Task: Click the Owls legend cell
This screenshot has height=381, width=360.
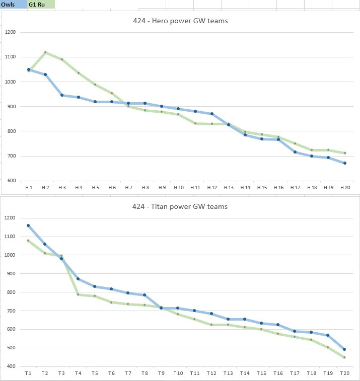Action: [x=14, y=5]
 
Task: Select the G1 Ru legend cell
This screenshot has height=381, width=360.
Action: [x=41, y=5]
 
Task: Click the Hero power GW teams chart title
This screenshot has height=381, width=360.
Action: [x=180, y=21]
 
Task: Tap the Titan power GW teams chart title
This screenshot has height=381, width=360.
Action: [x=180, y=206]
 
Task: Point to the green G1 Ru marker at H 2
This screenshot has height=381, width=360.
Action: [x=45, y=52]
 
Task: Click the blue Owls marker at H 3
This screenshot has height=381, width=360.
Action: [x=62, y=95]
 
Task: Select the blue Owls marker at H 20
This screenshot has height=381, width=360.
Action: [x=345, y=163]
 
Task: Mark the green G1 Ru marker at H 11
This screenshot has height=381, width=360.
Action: [x=195, y=123]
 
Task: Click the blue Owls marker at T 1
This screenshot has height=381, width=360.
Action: [x=28, y=225]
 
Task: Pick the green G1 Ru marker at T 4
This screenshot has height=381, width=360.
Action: [x=78, y=294]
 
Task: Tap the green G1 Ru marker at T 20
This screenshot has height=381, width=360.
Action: [x=344, y=357]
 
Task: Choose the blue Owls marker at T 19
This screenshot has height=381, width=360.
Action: [x=328, y=335]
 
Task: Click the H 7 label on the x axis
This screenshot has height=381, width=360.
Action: [x=128, y=188]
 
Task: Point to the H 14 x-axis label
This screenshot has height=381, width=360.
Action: [x=245, y=188]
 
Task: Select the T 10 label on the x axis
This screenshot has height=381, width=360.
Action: [x=178, y=373]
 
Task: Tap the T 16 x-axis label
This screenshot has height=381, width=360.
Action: [x=278, y=373]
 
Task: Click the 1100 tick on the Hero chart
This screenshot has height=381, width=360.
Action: [x=10, y=57]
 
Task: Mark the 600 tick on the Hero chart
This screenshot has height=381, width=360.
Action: [x=12, y=181]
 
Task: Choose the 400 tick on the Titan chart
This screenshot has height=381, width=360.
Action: [x=11, y=366]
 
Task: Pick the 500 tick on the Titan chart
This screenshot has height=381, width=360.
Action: [x=11, y=348]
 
